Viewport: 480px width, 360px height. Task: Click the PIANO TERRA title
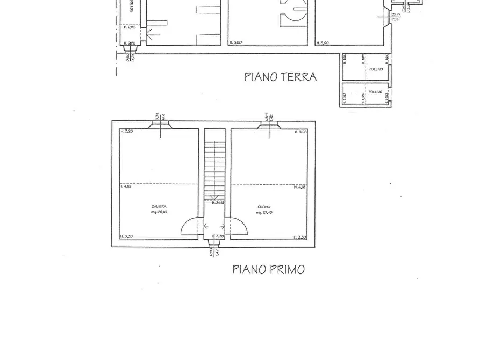click(280, 77)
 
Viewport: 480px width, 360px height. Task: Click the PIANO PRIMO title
click(268, 269)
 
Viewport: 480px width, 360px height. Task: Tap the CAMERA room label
click(159, 207)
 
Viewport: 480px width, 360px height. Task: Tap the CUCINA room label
click(263, 207)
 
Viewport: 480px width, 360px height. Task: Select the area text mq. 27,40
click(263, 213)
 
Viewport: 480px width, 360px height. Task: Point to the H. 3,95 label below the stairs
click(218, 203)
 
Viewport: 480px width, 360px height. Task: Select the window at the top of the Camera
click(161, 125)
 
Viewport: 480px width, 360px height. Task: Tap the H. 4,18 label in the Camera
click(125, 186)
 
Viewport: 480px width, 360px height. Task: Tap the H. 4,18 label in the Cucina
click(299, 186)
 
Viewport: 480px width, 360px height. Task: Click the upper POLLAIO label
click(376, 69)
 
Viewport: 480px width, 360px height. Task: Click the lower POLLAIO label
click(376, 92)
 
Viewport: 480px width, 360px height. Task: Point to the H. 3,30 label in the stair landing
click(218, 236)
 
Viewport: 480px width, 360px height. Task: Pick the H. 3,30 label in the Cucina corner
click(299, 237)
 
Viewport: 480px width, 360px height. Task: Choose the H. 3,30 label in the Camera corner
click(126, 237)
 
